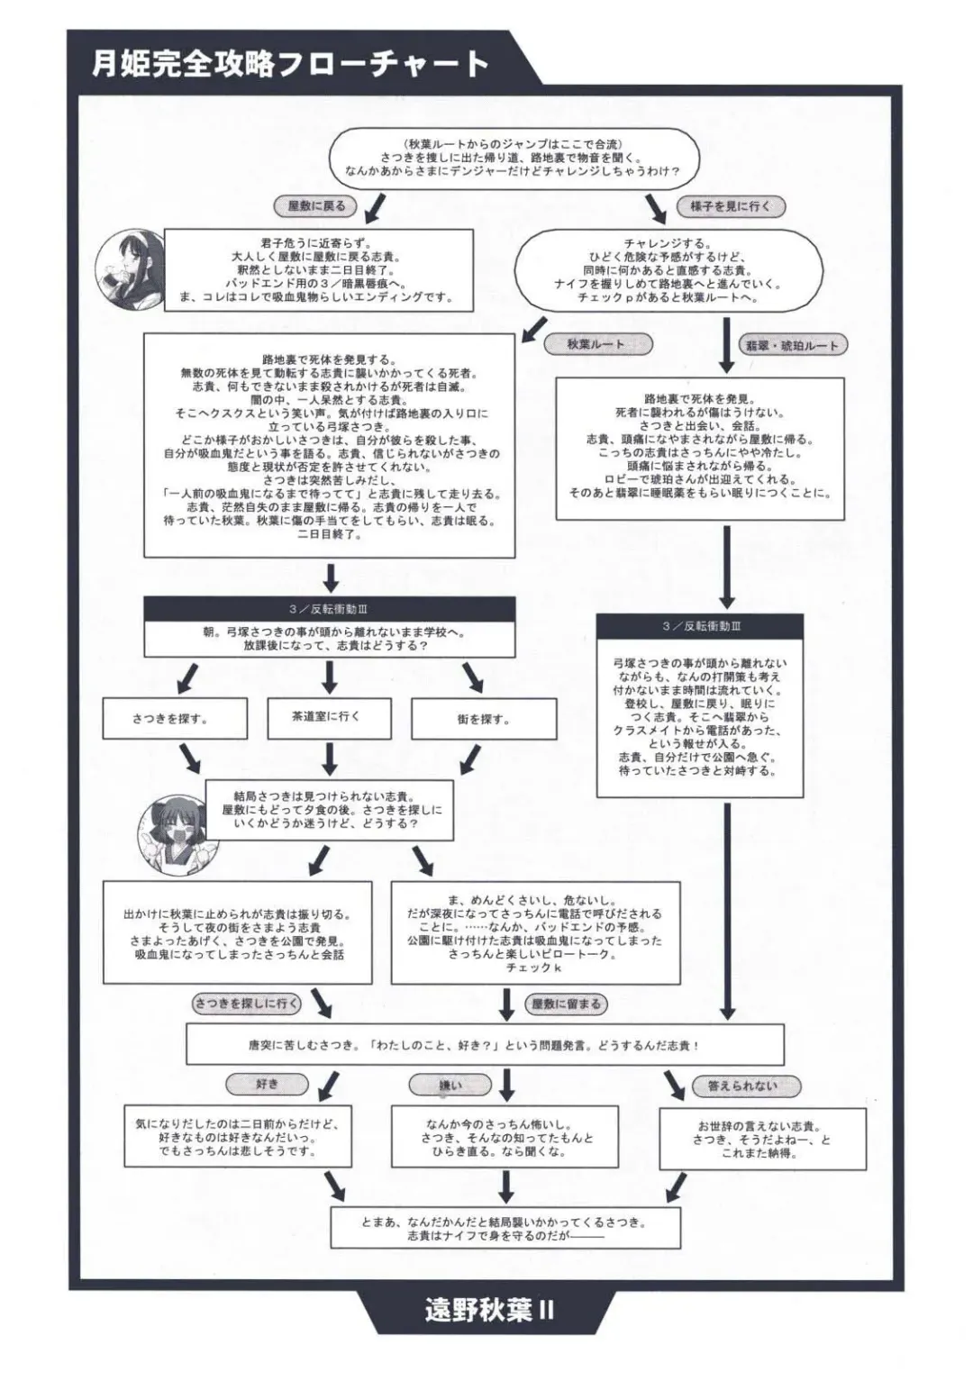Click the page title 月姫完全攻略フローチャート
point(290,63)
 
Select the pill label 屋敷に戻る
point(316,206)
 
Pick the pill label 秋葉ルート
point(596,344)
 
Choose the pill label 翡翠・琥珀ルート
point(792,345)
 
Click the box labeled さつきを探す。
point(170,719)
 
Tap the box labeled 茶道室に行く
point(325,716)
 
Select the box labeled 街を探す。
point(483,720)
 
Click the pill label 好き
point(268,1084)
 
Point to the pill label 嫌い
point(450,1086)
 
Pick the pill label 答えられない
point(742,1086)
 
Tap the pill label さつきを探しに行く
point(246,1003)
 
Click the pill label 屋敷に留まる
point(566,1004)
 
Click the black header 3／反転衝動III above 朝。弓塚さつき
point(329,610)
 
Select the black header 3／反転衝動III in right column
point(700,626)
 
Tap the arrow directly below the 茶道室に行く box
point(329,759)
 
